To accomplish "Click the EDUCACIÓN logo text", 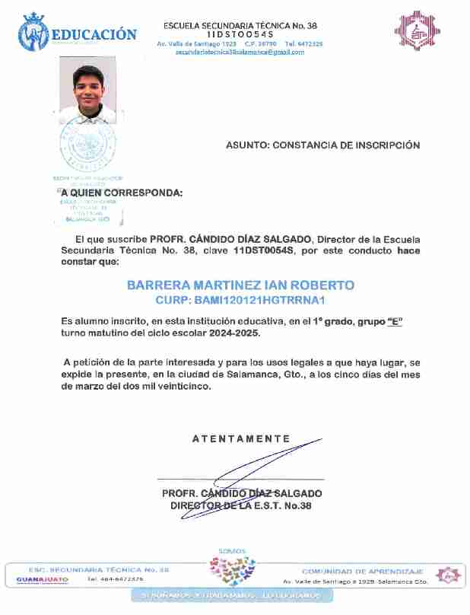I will pyautogui.click(x=94, y=34).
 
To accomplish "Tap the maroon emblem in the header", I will pyautogui.click(x=417, y=33).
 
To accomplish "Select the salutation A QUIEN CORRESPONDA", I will pyautogui.click(x=122, y=193).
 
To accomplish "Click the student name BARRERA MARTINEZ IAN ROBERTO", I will pyautogui.click(x=240, y=285).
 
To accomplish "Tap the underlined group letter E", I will pyautogui.click(x=394, y=323).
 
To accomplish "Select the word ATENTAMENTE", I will pyautogui.click(x=241, y=438).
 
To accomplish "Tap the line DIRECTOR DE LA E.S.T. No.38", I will pyautogui.click(x=241, y=505).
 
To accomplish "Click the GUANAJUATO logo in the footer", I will pyautogui.click(x=43, y=579).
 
